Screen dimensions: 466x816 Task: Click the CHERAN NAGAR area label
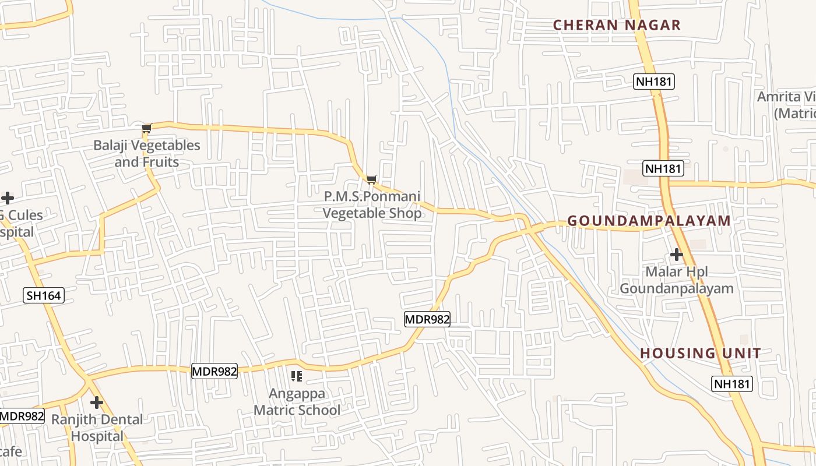pos(617,25)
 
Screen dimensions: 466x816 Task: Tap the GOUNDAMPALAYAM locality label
pos(649,221)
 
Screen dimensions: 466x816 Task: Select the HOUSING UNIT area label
pos(701,353)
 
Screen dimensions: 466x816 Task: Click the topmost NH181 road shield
pos(654,82)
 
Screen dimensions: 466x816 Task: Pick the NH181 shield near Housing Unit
pos(732,383)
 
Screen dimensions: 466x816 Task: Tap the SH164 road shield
pos(44,295)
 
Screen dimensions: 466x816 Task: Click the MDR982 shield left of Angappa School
pos(214,371)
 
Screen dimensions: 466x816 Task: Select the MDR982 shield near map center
pos(427,319)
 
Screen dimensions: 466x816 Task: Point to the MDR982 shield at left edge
pos(21,416)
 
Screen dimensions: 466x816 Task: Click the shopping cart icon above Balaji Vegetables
pos(146,128)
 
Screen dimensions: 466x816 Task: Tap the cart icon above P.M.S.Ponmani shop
pos(371,179)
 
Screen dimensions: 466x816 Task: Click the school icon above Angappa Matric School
pos(297,376)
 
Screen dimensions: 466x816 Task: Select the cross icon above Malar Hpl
pos(676,255)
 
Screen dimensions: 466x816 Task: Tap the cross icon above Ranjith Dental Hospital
pos(97,402)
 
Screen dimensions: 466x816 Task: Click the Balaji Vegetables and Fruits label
pos(147,153)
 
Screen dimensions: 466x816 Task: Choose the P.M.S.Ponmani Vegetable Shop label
pos(372,205)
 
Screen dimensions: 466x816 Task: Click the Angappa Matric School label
pos(297,402)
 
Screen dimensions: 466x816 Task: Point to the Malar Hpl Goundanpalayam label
pos(676,280)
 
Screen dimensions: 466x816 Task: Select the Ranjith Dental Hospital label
pos(97,428)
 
